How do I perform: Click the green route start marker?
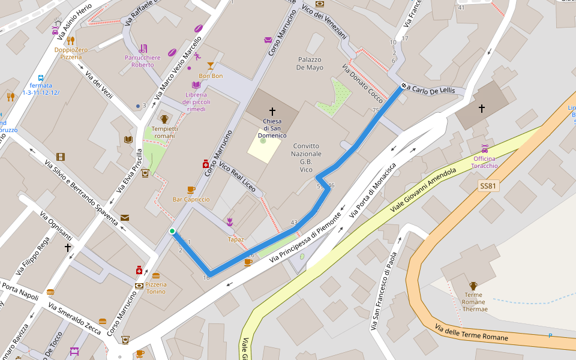(172, 231)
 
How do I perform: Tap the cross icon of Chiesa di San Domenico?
(272, 112)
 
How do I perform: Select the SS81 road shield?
(488, 186)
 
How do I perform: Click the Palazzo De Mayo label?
(310, 64)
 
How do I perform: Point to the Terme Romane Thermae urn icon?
(473, 286)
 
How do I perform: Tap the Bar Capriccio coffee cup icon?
(191, 190)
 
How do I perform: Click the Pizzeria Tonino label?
(155, 288)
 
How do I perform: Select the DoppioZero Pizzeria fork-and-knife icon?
(70, 41)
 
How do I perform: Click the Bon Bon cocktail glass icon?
(210, 66)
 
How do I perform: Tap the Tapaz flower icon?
(230, 222)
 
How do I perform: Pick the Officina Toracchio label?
(484, 161)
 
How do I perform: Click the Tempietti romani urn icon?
(164, 119)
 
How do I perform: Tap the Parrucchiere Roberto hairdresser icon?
(143, 48)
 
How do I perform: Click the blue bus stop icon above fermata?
(41, 78)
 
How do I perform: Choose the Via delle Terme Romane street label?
(471, 334)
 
